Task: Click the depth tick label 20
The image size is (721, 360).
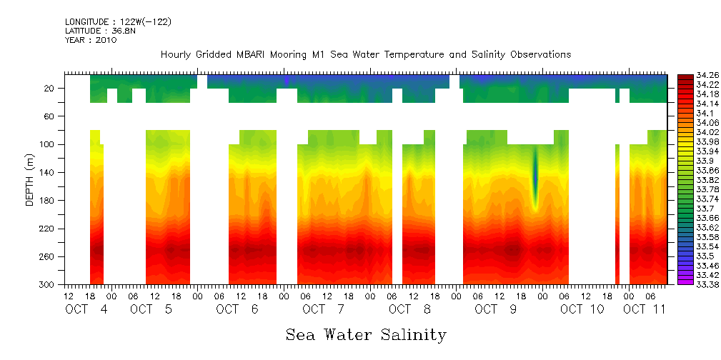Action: coord(50,89)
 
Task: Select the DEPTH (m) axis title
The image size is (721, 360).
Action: coord(30,179)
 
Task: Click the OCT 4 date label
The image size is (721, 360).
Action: coord(86,309)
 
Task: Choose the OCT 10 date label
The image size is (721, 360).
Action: coord(582,309)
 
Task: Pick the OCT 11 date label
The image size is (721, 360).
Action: coord(644,309)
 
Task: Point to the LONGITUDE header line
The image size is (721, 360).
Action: coord(118,22)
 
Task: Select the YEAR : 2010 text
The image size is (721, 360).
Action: coord(91,40)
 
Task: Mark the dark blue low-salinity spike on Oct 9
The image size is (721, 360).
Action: coord(534,179)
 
